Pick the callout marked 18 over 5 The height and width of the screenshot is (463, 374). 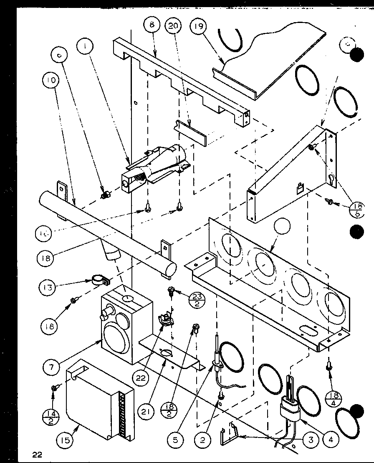(x=356, y=210)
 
